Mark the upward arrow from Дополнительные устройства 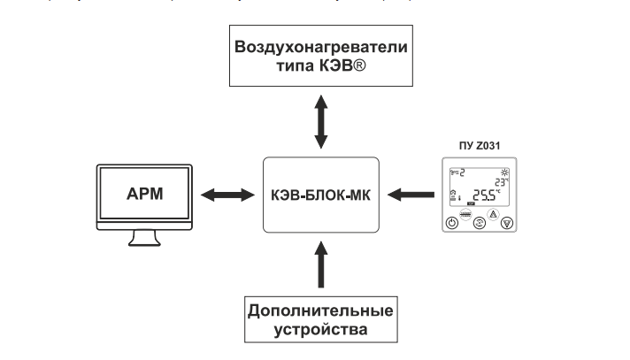tap(321, 265)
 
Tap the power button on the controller tap(452, 223)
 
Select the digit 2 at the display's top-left tap(462, 172)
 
